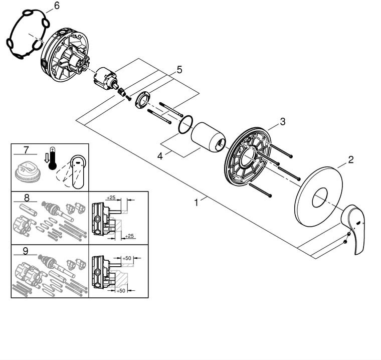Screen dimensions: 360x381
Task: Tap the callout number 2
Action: [350, 160]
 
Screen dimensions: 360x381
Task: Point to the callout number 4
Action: [160, 156]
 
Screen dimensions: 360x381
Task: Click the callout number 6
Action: [56, 6]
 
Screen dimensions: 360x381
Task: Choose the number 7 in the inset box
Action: [26, 149]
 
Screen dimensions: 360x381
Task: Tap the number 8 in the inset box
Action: [26, 197]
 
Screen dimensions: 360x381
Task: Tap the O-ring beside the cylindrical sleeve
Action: [186, 125]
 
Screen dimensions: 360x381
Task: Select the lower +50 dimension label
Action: [121, 291]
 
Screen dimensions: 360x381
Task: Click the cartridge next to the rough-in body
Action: [105, 78]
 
